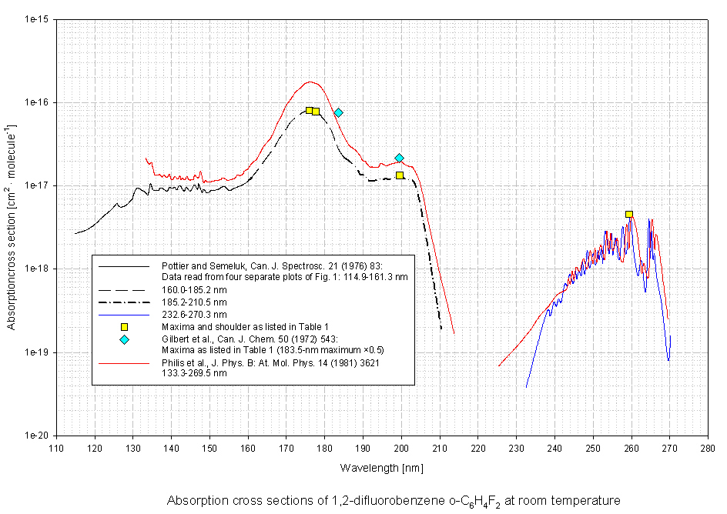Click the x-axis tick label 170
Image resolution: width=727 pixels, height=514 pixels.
[286, 447]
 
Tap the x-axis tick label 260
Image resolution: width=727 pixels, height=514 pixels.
[632, 447]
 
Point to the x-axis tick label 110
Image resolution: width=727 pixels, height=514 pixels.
[56, 447]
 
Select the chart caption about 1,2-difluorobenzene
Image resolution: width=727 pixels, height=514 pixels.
[393, 500]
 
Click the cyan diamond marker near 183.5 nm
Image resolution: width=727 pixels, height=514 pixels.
[338, 112]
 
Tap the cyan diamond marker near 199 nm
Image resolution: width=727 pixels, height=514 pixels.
[399, 158]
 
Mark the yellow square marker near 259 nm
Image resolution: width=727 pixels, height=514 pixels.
[629, 215]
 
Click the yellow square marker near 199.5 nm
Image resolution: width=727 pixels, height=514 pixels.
[400, 175]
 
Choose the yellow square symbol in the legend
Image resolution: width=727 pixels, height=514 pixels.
[124, 327]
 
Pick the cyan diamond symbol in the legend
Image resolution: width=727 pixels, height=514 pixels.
[124, 339]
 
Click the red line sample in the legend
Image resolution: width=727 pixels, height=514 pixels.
[124, 362]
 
